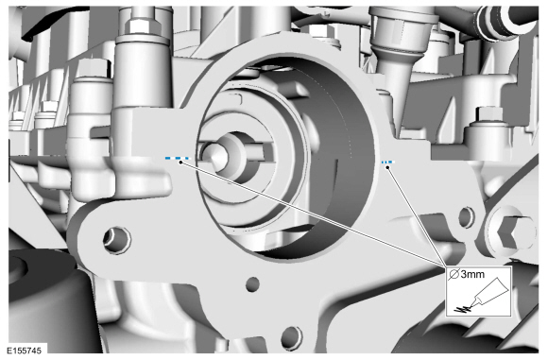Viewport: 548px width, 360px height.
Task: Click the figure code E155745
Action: click(24, 351)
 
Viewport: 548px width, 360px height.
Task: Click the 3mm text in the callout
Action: click(472, 274)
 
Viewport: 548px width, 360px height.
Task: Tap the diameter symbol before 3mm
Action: click(454, 274)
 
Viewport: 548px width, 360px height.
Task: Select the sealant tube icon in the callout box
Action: click(488, 293)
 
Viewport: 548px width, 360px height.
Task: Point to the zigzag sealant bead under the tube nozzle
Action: click(462, 309)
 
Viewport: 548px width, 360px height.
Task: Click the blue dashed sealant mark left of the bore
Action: click(178, 159)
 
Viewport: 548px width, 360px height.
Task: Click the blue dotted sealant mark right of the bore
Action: click(387, 163)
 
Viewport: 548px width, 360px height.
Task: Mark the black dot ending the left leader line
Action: click(180, 163)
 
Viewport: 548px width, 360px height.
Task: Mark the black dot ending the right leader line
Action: click(387, 167)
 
